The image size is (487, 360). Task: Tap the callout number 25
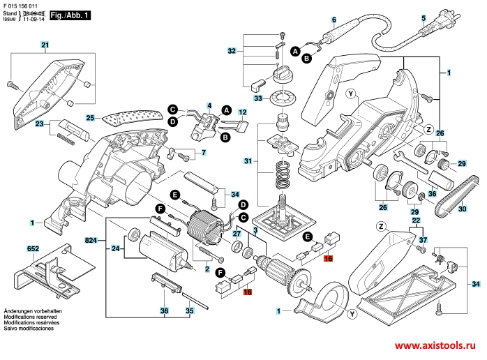90,118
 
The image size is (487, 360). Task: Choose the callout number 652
33,248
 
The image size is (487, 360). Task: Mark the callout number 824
90,240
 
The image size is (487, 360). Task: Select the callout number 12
243,112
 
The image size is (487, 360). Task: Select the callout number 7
204,152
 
